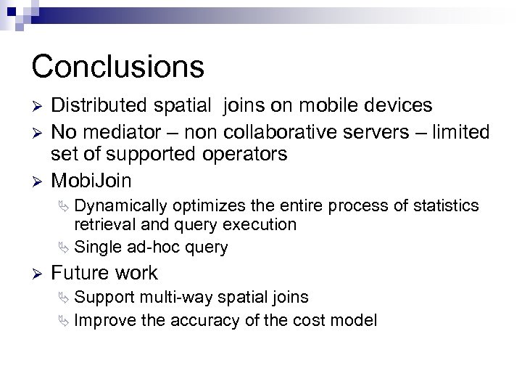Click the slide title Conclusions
click(x=117, y=66)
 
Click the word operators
click(x=246, y=155)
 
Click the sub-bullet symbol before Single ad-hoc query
click(x=67, y=248)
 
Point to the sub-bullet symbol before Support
click(x=67, y=298)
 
